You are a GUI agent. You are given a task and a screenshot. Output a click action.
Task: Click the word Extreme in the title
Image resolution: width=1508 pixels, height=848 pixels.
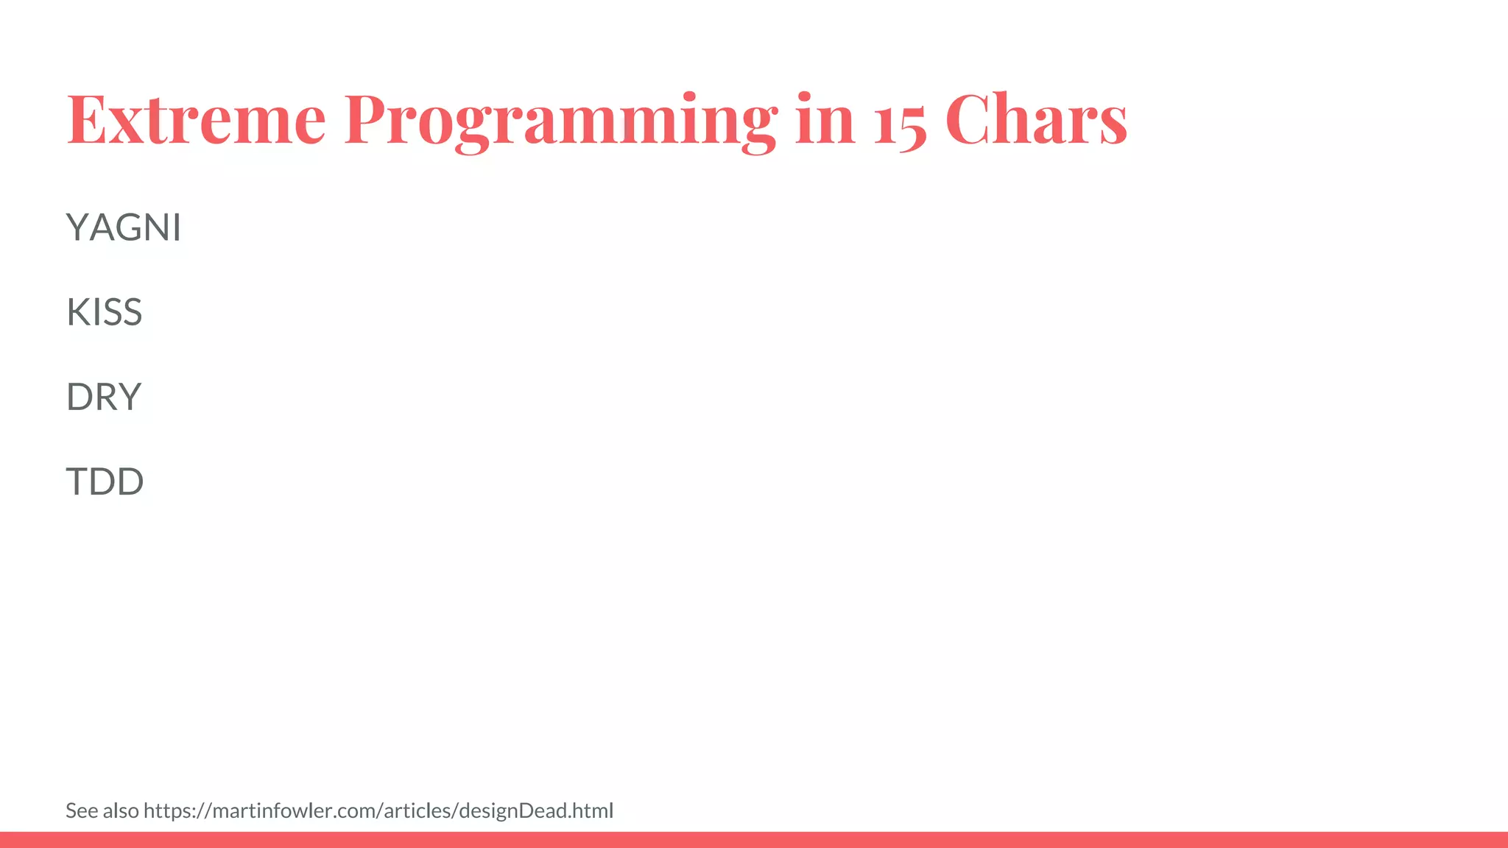point(196,119)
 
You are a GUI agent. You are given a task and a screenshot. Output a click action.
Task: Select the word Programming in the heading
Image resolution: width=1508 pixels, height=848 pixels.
point(560,119)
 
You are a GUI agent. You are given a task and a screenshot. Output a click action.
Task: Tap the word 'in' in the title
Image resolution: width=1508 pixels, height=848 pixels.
point(825,119)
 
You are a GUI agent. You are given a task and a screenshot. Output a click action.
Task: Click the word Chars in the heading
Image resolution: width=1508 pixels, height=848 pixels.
point(1035,119)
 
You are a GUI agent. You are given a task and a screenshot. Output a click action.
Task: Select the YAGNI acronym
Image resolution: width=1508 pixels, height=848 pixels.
point(123,227)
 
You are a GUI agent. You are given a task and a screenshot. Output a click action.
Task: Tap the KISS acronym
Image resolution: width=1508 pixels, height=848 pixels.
point(104,311)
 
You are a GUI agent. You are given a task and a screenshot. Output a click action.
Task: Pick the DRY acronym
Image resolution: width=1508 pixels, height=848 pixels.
point(103,397)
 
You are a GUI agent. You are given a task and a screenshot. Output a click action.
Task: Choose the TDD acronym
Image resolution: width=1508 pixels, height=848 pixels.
point(105,481)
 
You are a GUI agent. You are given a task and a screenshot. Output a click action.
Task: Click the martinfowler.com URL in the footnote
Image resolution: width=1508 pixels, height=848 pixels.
point(378,810)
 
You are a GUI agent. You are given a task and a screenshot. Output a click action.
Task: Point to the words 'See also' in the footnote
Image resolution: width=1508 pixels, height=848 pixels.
point(102,810)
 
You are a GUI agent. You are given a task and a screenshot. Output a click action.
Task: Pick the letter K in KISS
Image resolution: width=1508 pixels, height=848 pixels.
point(77,311)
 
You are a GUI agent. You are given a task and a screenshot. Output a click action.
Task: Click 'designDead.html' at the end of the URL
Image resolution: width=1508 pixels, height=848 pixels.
point(535,810)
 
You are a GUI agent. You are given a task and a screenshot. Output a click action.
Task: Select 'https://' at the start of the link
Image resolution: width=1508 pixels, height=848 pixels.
point(177,810)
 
